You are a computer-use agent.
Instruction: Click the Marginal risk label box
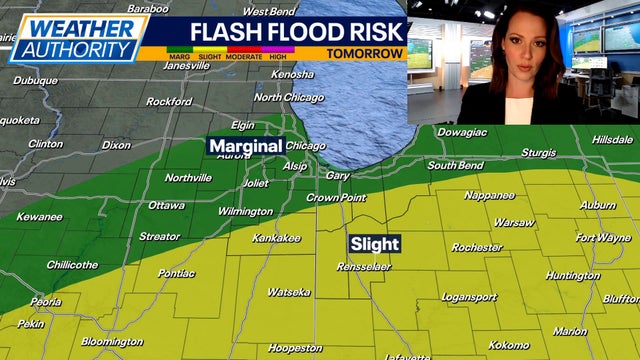[x=244, y=146]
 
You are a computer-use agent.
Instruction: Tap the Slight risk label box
[x=375, y=243]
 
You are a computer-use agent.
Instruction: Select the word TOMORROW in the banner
[x=365, y=54]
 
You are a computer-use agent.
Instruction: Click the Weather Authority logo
[x=78, y=38]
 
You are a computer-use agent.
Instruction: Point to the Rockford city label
[x=169, y=101]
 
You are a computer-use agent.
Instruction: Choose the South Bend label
[x=456, y=165]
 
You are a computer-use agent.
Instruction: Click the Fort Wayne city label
[x=603, y=238]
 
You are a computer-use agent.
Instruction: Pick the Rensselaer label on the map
[x=363, y=267]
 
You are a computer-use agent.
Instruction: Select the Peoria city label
[x=45, y=301]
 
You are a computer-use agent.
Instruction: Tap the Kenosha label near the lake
[x=292, y=74]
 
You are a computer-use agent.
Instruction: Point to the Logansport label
[x=469, y=297]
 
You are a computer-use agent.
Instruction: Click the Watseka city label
[x=288, y=292]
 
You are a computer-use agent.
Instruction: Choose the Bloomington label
[x=111, y=341]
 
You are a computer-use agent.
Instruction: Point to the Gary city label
[x=338, y=175]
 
